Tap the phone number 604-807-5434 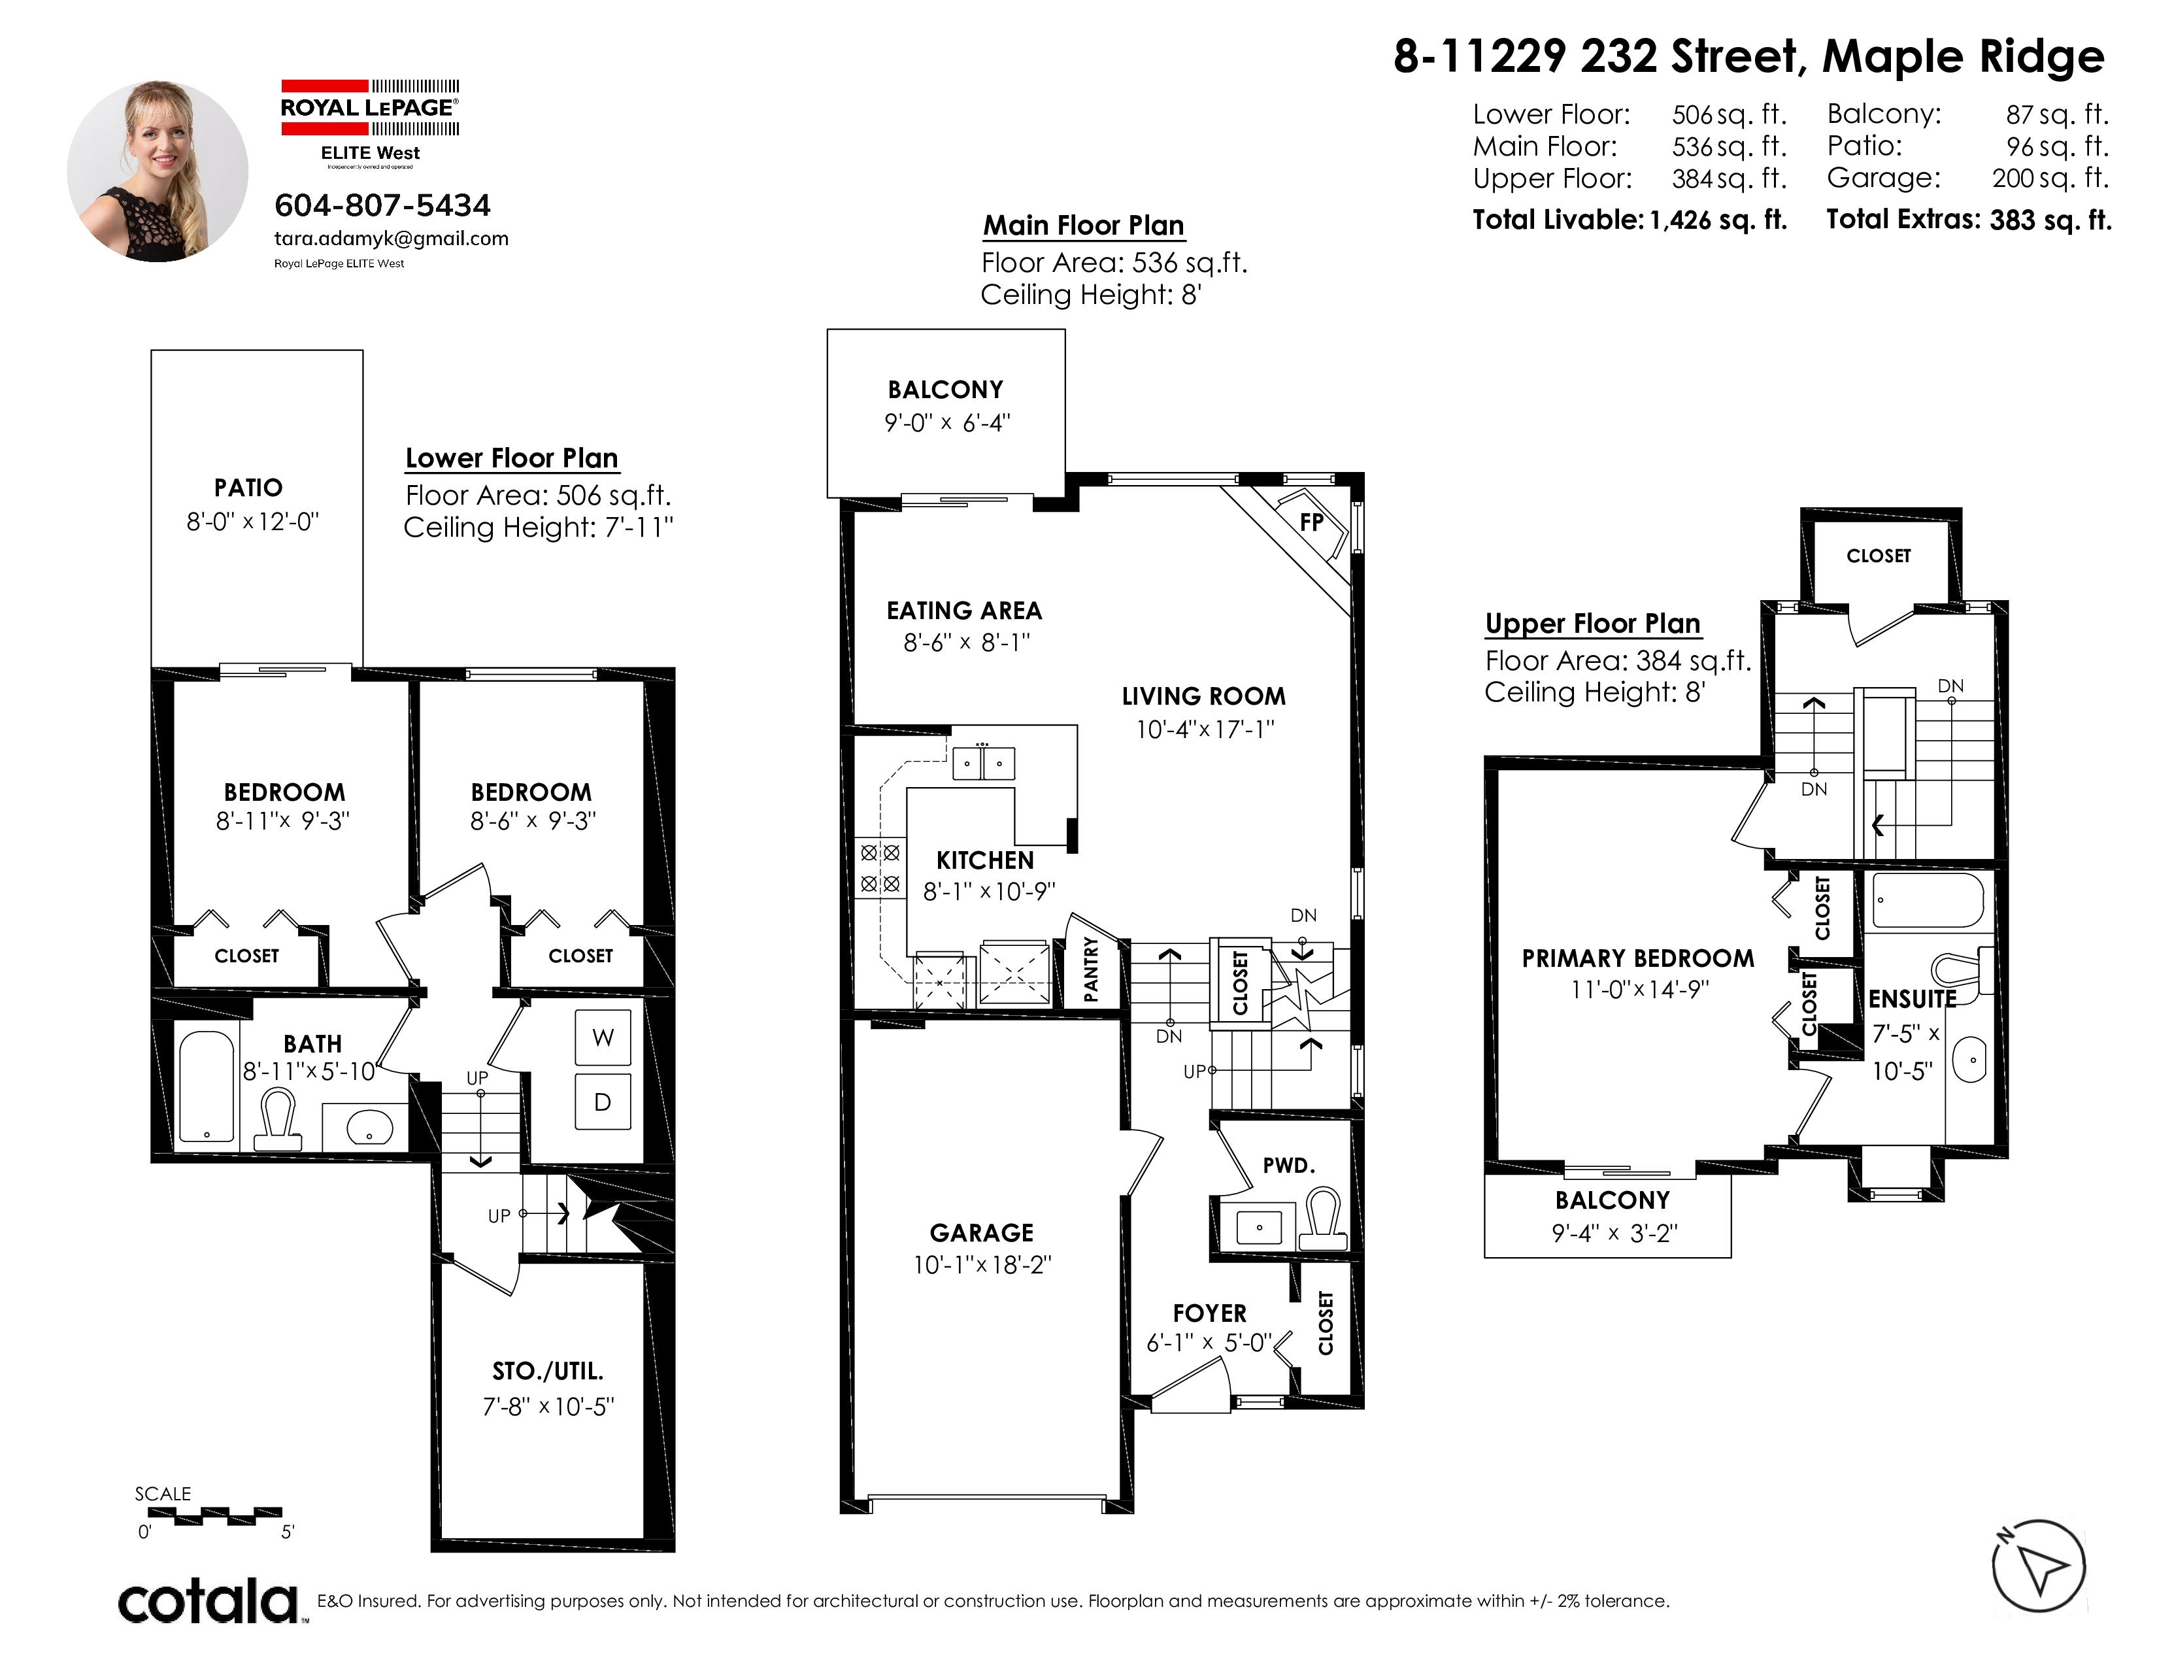382,205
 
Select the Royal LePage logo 371,122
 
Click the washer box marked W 603,1037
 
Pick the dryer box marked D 603,1102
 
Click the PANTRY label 1090,969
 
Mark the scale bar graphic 214,1515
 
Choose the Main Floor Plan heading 1084,226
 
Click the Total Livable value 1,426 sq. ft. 1718,220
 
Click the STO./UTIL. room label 548,1371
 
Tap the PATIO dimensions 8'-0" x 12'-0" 253,522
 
